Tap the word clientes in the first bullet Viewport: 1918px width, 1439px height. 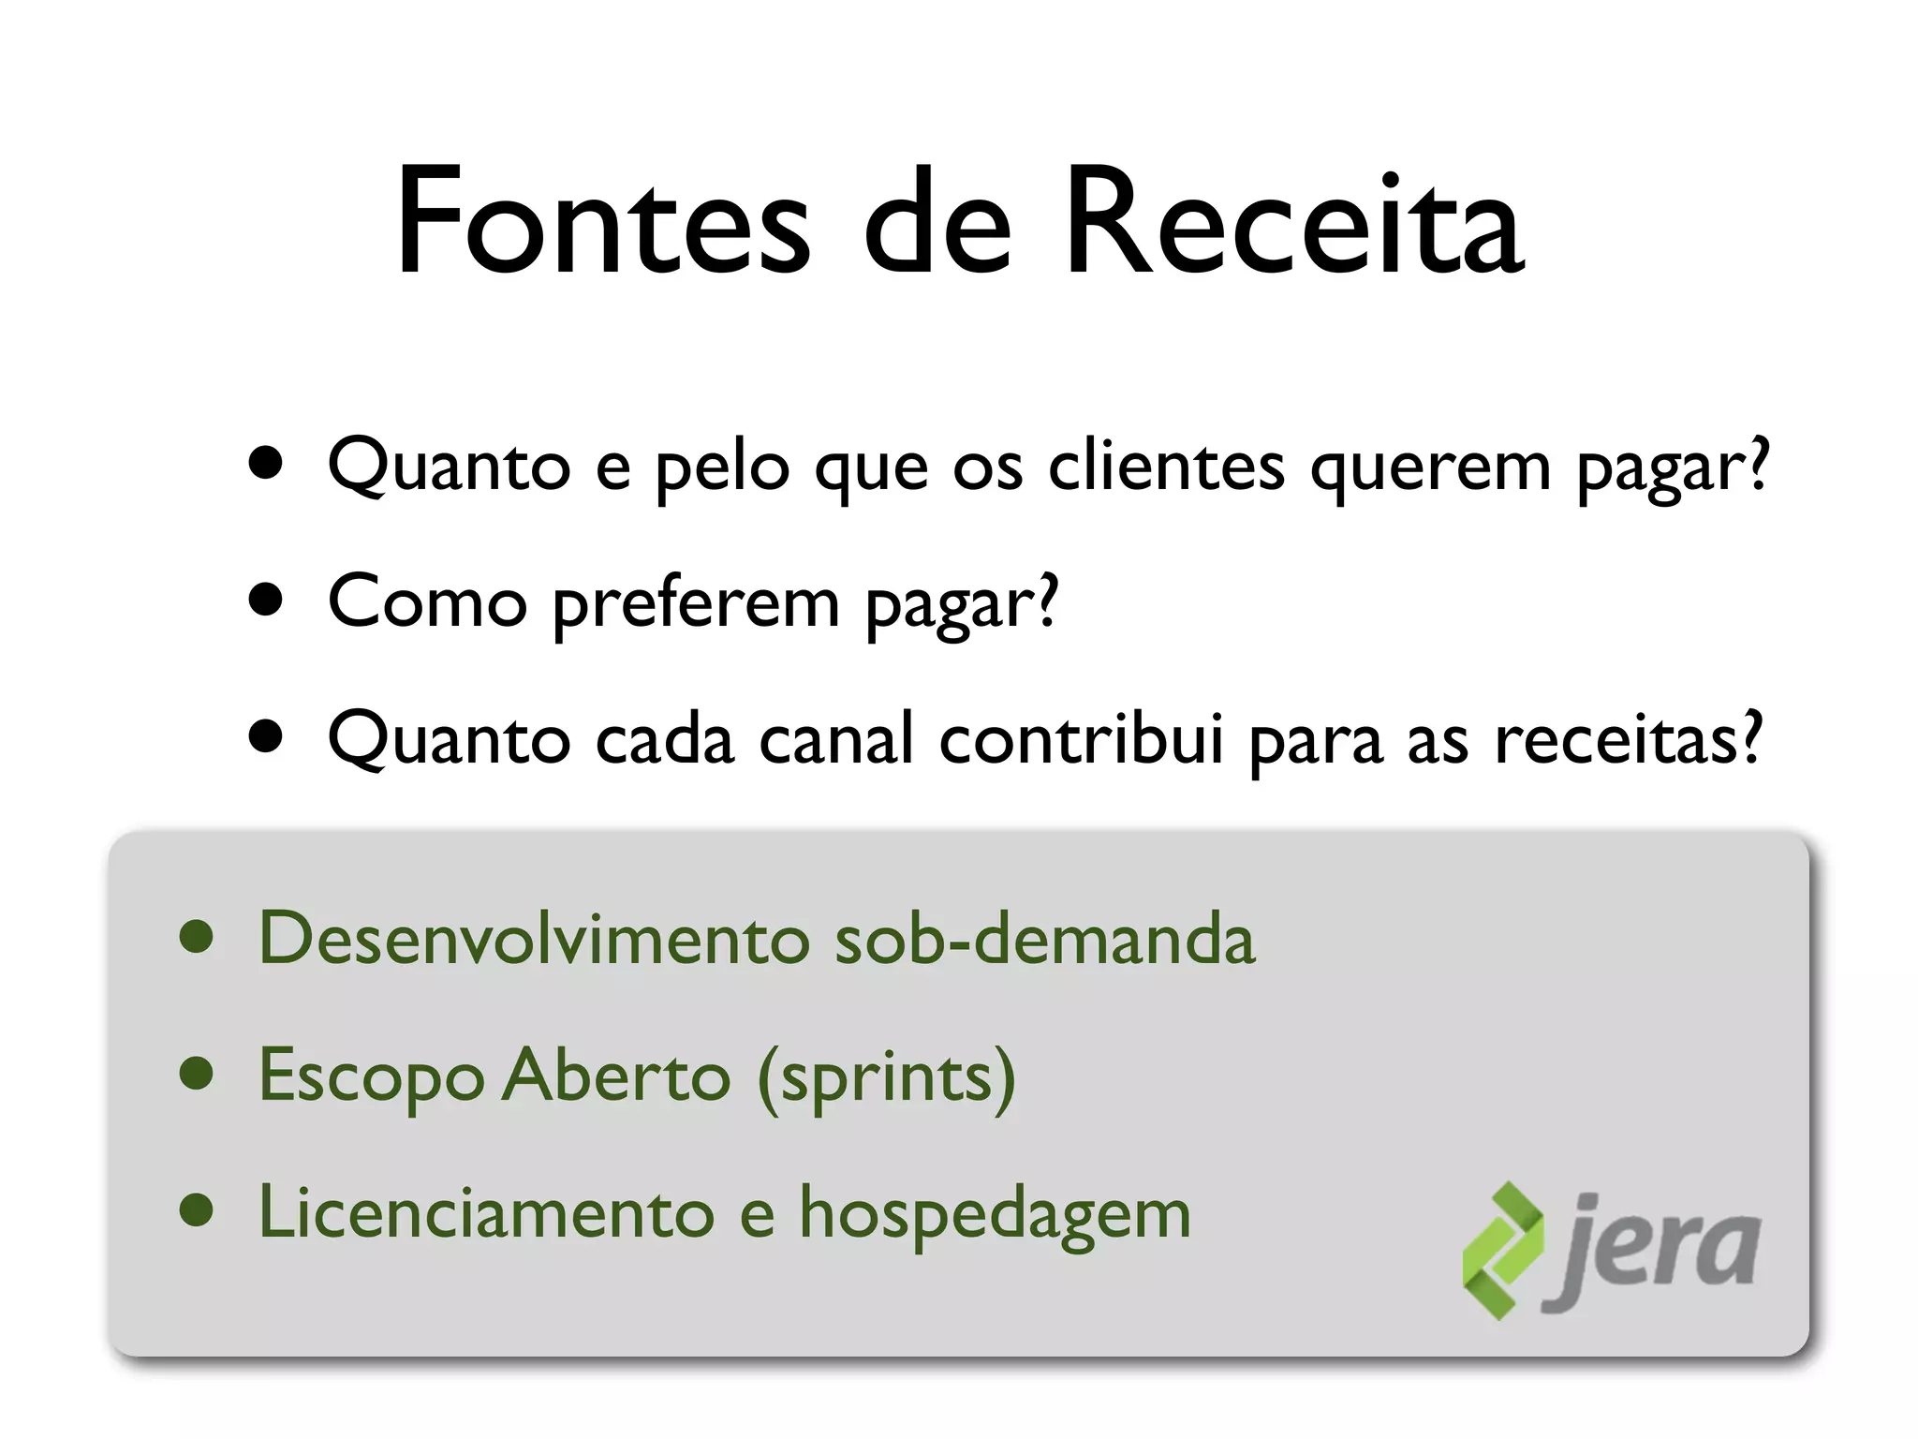(x=1166, y=466)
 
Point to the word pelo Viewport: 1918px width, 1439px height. (x=721, y=466)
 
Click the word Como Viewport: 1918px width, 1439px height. (x=427, y=601)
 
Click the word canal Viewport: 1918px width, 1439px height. (x=835, y=738)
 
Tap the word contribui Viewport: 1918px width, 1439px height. (x=1081, y=738)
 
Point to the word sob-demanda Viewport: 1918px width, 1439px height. (x=1044, y=938)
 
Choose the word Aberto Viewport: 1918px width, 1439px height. (x=616, y=1076)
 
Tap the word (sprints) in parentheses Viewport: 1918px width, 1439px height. (x=886, y=1077)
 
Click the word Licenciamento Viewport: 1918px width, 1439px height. (x=486, y=1212)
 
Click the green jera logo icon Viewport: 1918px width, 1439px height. (x=1502, y=1251)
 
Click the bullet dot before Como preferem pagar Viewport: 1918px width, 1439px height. (x=267, y=601)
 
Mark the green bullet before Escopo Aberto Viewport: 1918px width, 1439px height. (x=197, y=1075)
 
